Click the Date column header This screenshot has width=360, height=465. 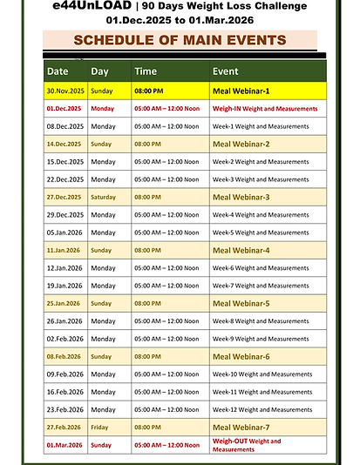click(x=58, y=71)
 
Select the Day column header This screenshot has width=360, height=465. click(x=100, y=71)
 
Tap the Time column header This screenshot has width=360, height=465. click(x=146, y=71)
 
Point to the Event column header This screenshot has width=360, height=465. click(x=225, y=71)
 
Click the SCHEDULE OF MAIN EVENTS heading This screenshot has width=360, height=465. click(x=180, y=40)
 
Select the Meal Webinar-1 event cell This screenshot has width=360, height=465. click(x=241, y=91)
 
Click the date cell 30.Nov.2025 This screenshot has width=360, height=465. click(x=64, y=91)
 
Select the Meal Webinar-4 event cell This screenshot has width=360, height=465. click(x=241, y=250)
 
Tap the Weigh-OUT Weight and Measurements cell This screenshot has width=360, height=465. click(x=247, y=445)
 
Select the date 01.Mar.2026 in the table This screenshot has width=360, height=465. click(x=64, y=445)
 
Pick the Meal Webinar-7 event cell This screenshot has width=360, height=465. click(x=241, y=428)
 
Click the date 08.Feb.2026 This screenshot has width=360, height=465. click(x=64, y=356)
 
